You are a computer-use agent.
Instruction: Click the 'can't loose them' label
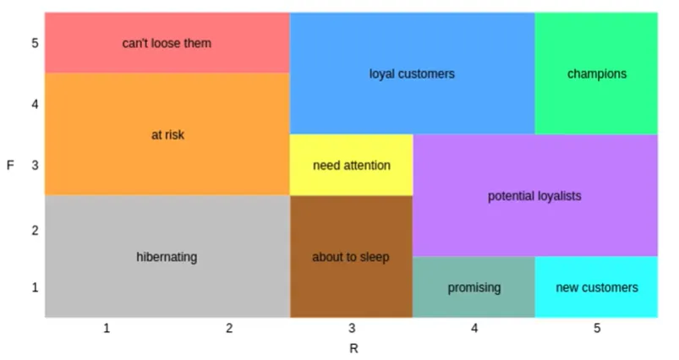(x=167, y=42)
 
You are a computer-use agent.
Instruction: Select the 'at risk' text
(x=167, y=134)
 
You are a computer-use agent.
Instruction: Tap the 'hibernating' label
(x=167, y=257)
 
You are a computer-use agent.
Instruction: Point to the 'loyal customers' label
(x=412, y=74)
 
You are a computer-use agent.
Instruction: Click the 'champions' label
(x=597, y=74)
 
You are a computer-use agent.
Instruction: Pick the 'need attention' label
(x=352, y=165)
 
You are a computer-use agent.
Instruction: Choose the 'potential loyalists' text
(x=534, y=196)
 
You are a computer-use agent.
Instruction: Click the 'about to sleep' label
(x=352, y=257)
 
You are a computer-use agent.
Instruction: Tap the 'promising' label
(x=474, y=287)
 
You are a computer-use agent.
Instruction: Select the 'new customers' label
(x=597, y=287)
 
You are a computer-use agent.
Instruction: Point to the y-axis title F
(x=10, y=165)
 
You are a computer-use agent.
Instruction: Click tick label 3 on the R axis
(x=352, y=328)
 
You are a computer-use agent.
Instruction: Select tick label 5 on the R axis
(x=597, y=328)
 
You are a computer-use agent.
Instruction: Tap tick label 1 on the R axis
(x=107, y=328)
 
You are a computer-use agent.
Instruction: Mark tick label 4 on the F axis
(x=36, y=104)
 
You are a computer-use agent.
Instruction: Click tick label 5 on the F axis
(x=36, y=42)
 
